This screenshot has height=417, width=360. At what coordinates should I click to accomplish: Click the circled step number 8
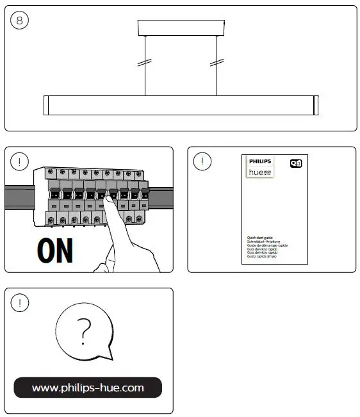point(20,20)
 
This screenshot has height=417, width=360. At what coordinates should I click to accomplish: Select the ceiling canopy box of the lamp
point(181,28)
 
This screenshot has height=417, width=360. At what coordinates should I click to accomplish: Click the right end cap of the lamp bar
point(315,106)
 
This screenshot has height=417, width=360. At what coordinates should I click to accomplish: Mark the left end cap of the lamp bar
point(46,106)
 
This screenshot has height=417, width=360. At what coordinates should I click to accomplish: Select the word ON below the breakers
point(54,251)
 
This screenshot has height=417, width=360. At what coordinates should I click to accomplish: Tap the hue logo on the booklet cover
point(257,172)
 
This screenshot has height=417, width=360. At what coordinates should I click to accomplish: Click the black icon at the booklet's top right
point(296,163)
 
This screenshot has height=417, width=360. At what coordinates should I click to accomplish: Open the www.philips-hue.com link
point(88,388)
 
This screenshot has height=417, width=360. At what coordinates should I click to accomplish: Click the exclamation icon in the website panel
point(20,302)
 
